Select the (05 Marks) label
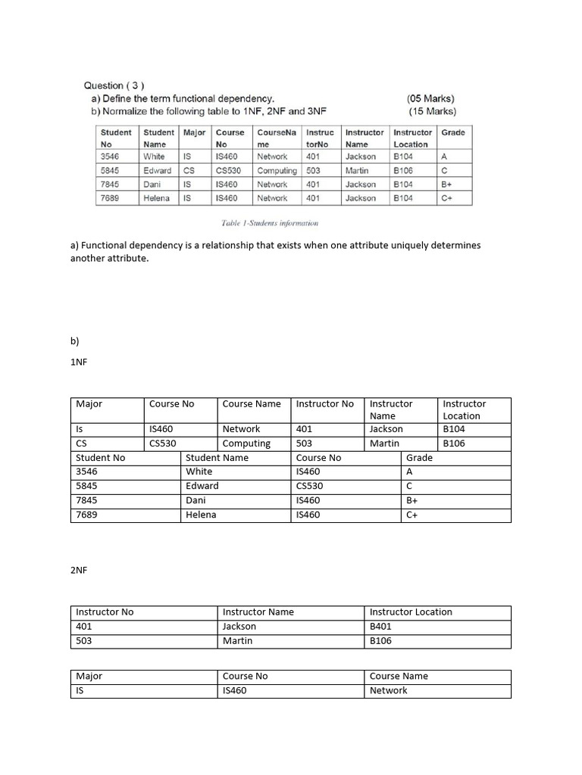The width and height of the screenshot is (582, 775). [430, 98]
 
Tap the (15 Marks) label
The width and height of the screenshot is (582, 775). [432, 111]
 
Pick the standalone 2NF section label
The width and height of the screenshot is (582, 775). [79, 569]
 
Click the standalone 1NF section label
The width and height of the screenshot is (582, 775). [79, 362]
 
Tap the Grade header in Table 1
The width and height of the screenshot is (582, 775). [453, 132]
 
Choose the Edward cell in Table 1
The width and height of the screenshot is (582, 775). [157, 171]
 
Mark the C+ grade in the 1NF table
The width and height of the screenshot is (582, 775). [413, 515]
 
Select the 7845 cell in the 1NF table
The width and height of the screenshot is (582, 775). [88, 500]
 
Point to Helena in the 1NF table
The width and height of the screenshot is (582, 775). [201, 515]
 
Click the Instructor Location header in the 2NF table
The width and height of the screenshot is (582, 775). [411, 612]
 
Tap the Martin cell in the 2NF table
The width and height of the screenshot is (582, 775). [238, 640]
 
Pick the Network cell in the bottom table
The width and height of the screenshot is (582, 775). [389, 690]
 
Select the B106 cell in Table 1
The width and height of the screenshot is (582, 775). [403, 171]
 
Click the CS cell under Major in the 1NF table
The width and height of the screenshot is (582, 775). [83, 444]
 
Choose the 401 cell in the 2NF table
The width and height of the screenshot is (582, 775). [84, 626]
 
